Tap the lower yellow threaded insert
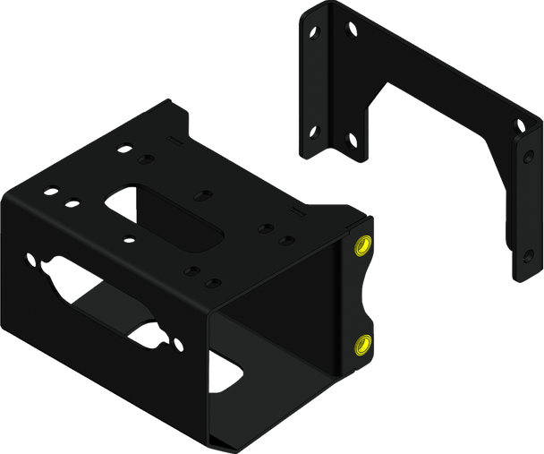(x=365, y=340)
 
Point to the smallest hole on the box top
(x=131, y=238)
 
